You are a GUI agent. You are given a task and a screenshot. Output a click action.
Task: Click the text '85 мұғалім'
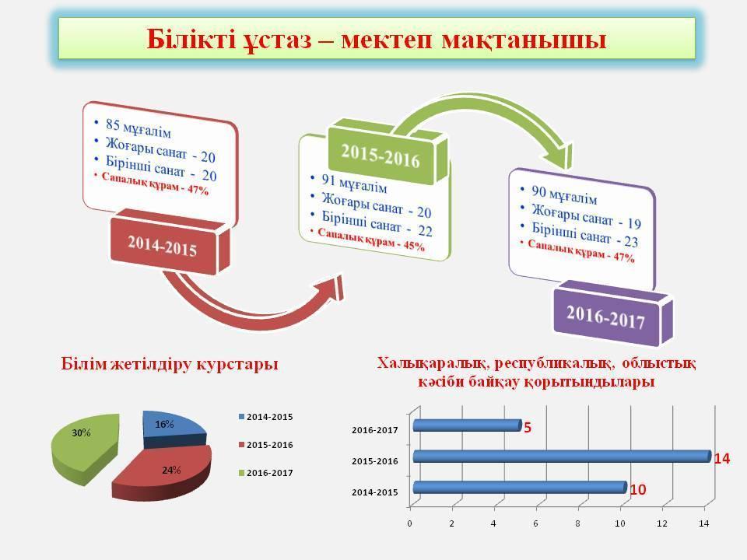coord(139,128)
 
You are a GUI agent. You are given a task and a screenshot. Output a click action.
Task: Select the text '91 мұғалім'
coord(354,184)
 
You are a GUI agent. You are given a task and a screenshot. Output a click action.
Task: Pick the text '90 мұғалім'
coord(564,194)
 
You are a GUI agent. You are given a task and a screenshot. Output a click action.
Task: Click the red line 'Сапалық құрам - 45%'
coord(371,239)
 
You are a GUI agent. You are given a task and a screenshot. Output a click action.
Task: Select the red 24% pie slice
coord(163,472)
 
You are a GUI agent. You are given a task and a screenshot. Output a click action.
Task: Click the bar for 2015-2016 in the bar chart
coord(562,457)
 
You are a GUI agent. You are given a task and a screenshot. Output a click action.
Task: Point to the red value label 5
coord(528,428)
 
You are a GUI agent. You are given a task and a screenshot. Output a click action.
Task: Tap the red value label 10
coord(638,489)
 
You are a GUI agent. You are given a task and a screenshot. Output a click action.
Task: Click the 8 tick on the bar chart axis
coord(578,523)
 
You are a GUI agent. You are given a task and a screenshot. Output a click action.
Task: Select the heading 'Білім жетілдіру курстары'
coord(170,364)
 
